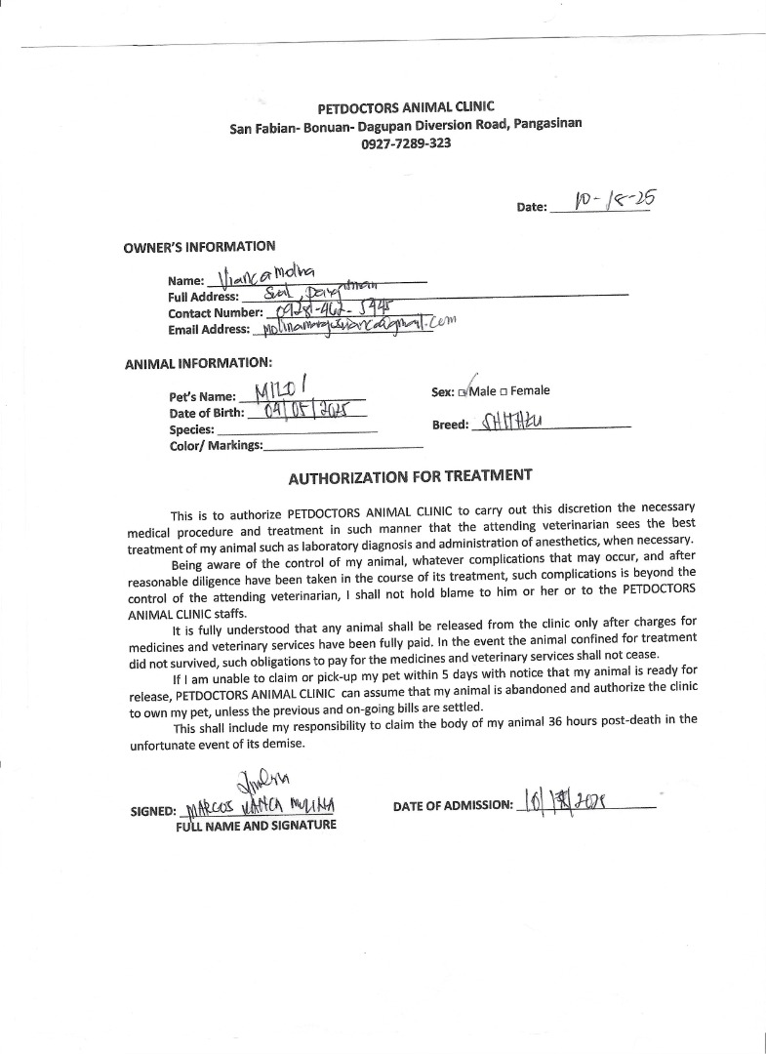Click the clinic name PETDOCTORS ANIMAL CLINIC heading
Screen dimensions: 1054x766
(x=406, y=107)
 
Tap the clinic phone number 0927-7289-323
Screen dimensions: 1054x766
(x=406, y=142)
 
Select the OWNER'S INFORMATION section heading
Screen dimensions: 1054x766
(x=199, y=247)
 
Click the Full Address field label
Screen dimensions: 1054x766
(x=203, y=297)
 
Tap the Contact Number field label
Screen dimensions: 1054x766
(x=216, y=312)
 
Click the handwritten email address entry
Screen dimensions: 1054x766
(x=355, y=326)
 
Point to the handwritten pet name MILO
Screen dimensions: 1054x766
(x=282, y=391)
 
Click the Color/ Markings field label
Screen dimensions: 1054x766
(x=216, y=445)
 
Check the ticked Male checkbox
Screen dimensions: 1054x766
(x=463, y=392)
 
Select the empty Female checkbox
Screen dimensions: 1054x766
(x=504, y=392)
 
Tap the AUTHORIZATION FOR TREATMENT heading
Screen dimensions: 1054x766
(x=410, y=476)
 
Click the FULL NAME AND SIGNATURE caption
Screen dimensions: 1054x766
(x=256, y=826)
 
